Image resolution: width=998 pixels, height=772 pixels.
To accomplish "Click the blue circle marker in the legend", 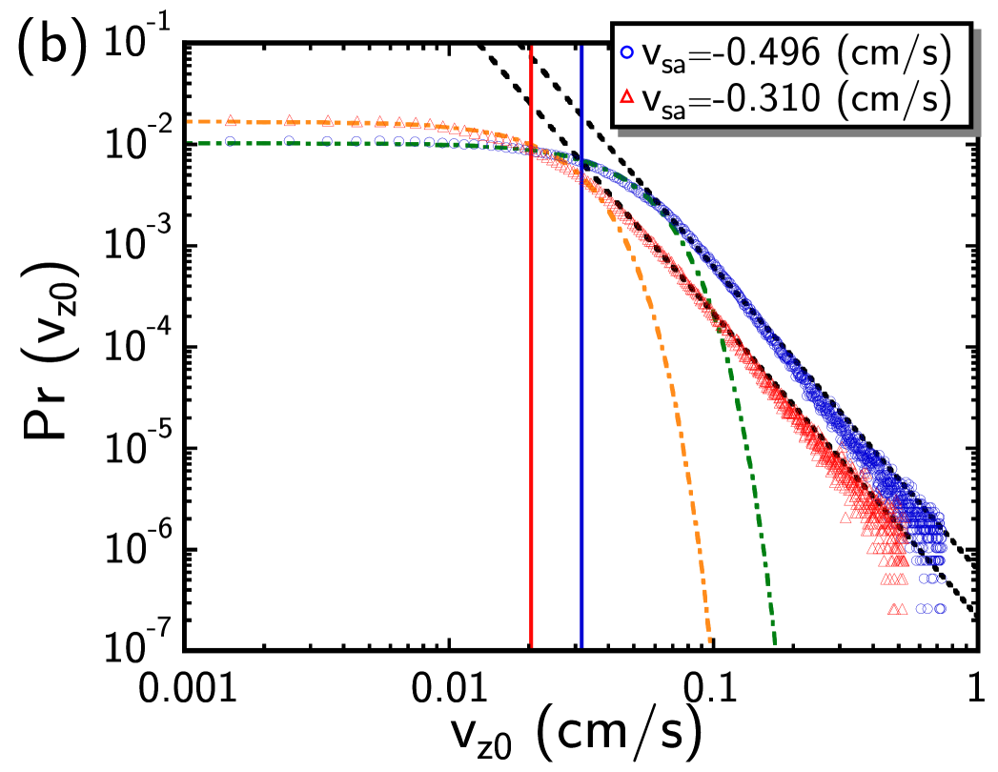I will coord(626,55).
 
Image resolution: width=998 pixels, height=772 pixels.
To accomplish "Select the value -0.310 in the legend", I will coord(766,97).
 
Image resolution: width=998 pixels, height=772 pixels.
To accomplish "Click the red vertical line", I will coord(532,381).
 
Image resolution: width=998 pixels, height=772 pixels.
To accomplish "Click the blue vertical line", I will coord(581,381).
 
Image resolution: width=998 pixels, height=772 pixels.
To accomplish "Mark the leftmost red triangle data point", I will coord(230,119).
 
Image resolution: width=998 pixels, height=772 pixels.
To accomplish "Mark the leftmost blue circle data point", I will coord(230,141).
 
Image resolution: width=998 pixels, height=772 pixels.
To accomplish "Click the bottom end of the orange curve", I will coord(710,640).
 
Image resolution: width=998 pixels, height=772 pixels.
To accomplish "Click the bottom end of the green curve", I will coord(774,640).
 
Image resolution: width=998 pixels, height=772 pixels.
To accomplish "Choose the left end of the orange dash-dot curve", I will coord(190,121).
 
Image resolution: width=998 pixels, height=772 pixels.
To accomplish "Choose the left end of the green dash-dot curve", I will coord(190,142).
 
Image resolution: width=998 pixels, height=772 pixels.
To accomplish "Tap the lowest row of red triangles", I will coord(897,608).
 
